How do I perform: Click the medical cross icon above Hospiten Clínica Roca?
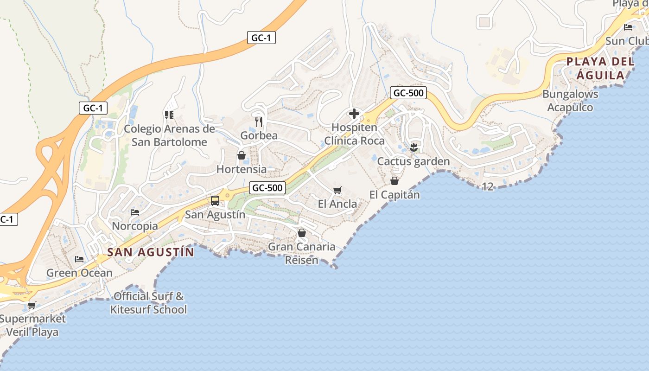[x=354, y=114]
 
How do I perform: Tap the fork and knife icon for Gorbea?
[x=259, y=122]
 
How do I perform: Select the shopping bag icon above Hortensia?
[x=242, y=155]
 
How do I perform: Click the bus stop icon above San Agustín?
[x=215, y=201]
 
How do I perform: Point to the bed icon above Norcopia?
[x=135, y=212]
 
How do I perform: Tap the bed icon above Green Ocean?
[x=79, y=259]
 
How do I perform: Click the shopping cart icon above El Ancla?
[x=337, y=190]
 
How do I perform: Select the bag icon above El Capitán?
[x=394, y=180]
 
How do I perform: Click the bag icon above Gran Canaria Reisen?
[x=302, y=232]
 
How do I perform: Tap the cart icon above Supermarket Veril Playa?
[x=32, y=305]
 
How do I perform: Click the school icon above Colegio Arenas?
[x=169, y=115]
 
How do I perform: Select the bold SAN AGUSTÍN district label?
[x=150, y=252]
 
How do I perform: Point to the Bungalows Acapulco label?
[x=570, y=101]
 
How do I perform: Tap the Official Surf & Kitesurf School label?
[x=148, y=303]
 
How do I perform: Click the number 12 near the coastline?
[x=488, y=186]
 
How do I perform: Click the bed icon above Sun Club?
[x=629, y=27]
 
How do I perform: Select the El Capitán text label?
[x=394, y=195]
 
